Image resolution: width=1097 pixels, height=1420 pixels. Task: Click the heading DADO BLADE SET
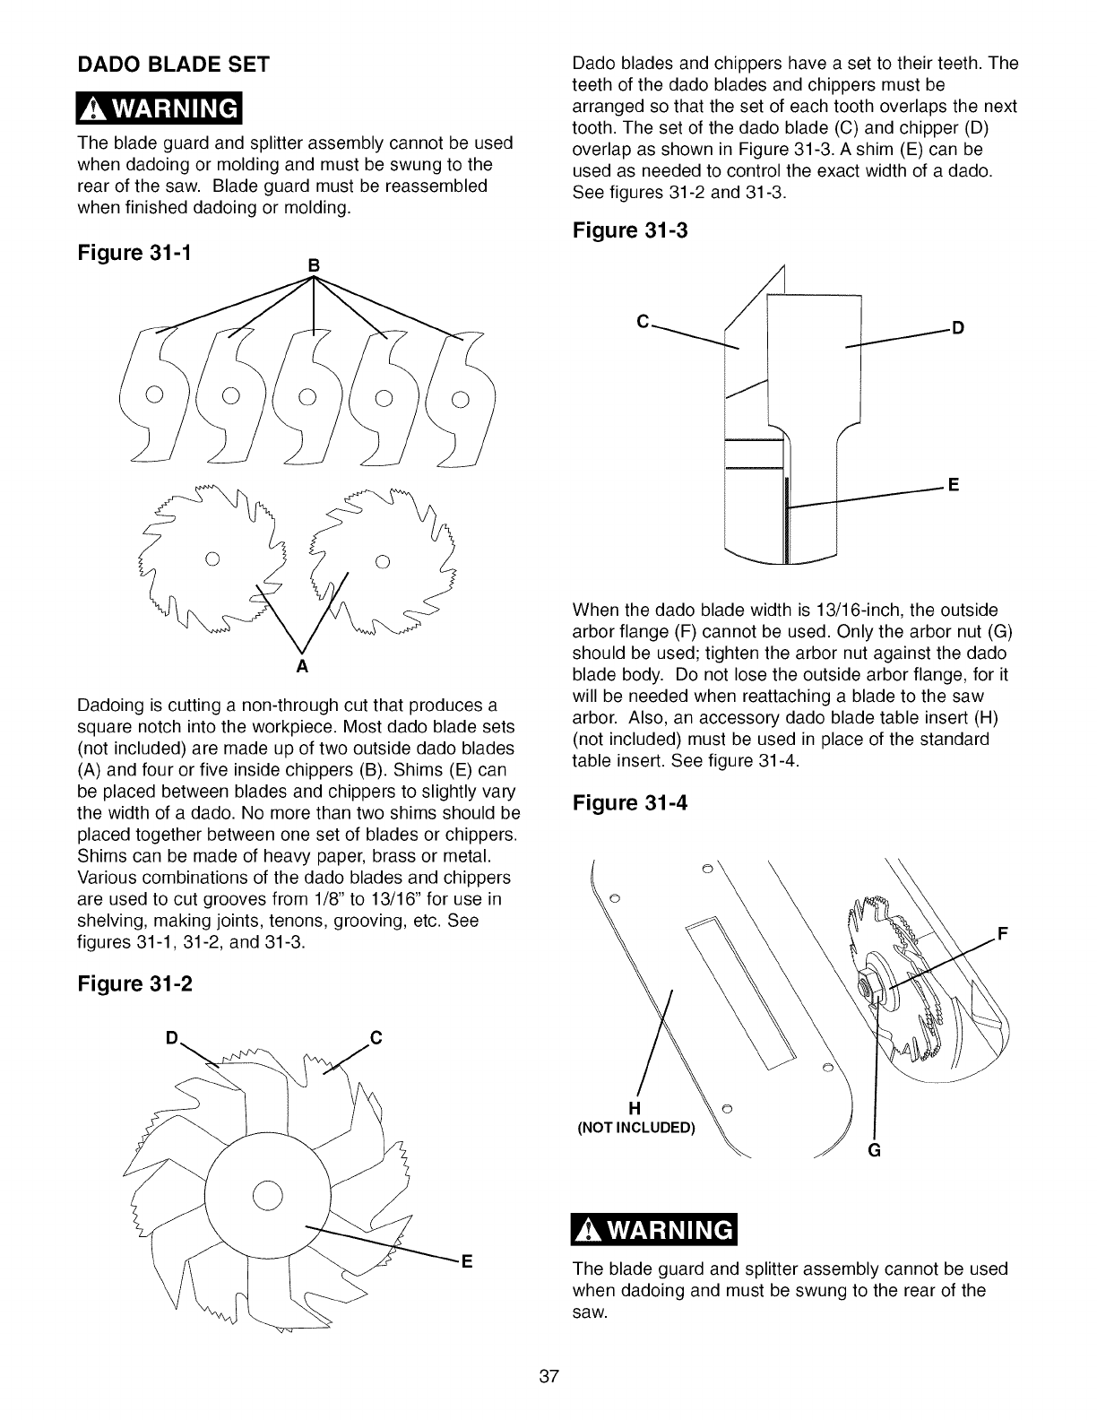174,65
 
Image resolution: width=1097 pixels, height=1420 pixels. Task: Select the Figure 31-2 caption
136,983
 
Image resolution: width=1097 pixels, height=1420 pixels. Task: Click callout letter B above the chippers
314,265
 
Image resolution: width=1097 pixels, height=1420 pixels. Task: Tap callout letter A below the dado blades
302,668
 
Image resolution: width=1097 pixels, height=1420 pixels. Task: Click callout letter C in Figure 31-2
376,1039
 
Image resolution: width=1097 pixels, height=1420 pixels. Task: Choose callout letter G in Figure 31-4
875,1152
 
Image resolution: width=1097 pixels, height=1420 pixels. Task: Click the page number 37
548,1377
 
